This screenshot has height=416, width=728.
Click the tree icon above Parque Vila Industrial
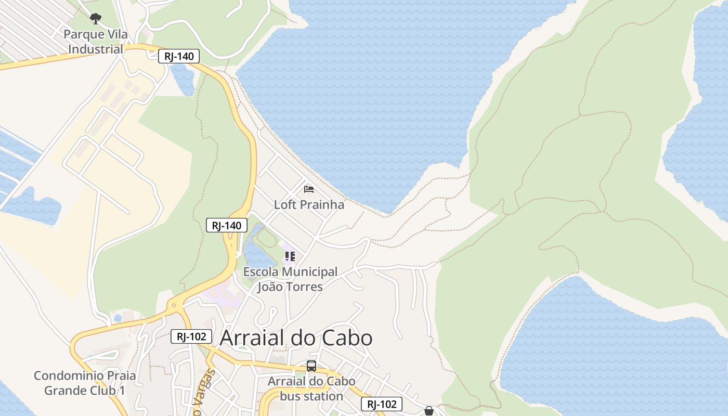95,19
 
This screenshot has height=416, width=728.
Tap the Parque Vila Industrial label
96,42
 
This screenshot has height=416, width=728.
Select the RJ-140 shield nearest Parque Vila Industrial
179,57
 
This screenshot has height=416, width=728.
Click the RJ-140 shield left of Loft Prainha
227,225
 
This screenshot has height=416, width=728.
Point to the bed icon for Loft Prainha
309,189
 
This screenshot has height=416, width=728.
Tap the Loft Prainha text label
309,204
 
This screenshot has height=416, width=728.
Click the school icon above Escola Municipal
290,256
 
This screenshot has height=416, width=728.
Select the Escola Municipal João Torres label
290,279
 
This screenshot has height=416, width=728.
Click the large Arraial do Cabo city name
296,338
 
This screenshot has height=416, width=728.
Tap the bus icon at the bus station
311,366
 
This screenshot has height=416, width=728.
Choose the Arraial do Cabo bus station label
311,388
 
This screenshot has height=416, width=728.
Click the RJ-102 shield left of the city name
191,336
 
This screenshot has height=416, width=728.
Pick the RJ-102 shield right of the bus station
382,404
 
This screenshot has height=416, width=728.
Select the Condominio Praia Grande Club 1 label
85,383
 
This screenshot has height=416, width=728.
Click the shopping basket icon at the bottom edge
429,411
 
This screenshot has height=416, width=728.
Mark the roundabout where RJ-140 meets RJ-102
174,306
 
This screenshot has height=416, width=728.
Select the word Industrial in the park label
96,49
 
